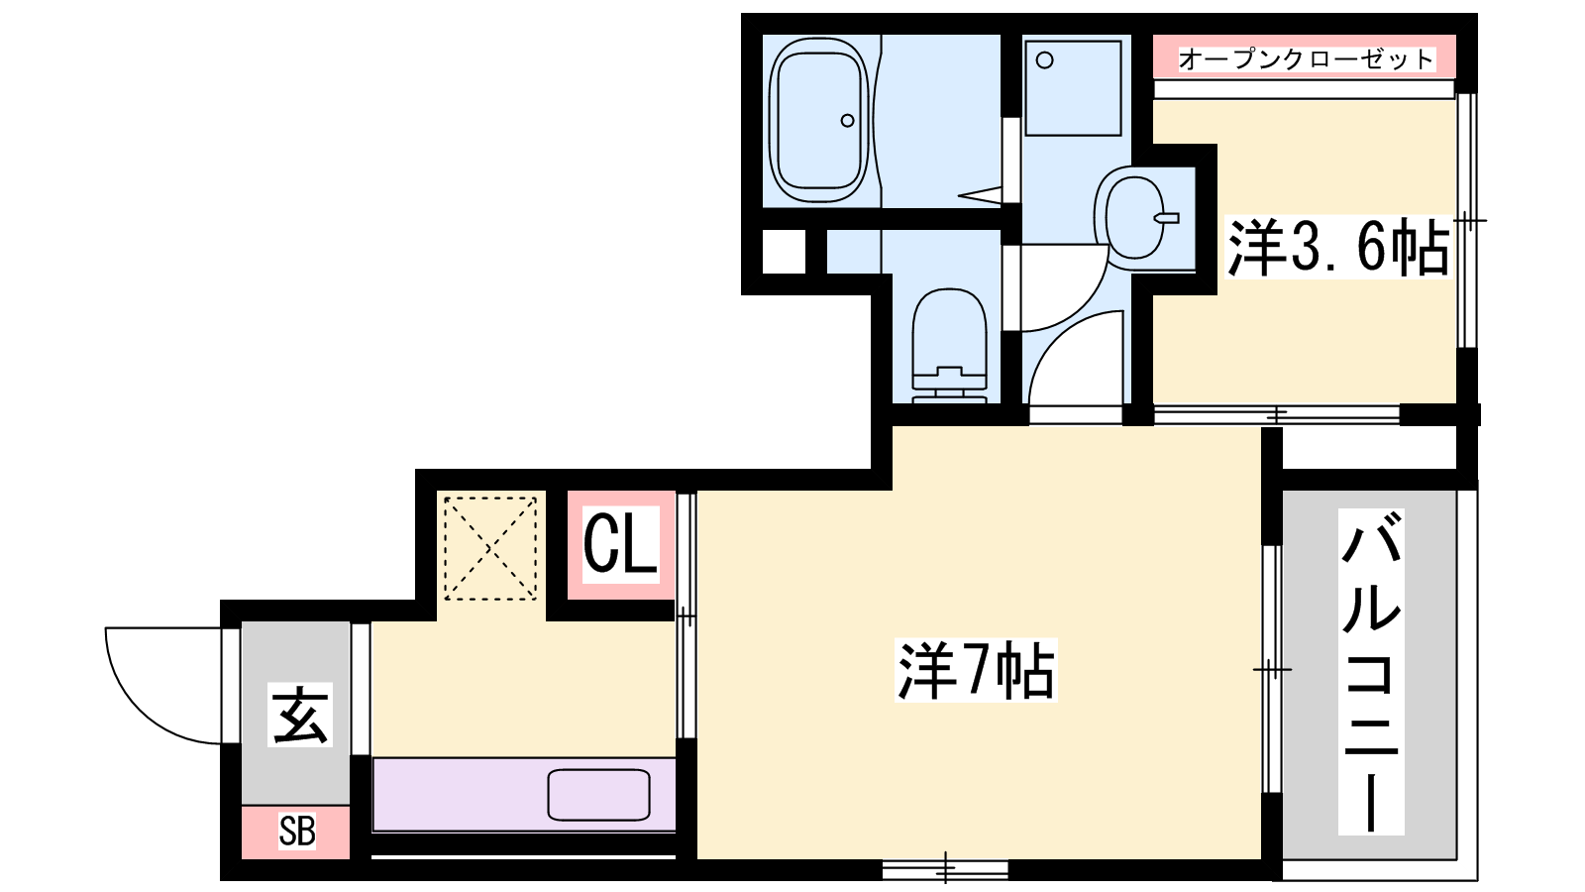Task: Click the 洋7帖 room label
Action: click(x=976, y=670)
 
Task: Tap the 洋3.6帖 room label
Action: click(x=1338, y=247)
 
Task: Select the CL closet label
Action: click(x=620, y=544)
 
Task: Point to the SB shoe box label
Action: click(x=296, y=832)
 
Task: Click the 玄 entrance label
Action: click(x=300, y=715)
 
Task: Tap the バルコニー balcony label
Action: click(x=1371, y=671)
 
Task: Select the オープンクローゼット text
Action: click(x=1306, y=58)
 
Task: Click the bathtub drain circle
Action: click(x=847, y=120)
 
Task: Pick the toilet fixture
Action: click(x=950, y=346)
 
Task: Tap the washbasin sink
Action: click(x=1133, y=217)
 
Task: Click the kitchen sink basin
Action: click(x=598, y=794)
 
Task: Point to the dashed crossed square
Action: click(x=490, y=549)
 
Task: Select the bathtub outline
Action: click(x=820, y=120)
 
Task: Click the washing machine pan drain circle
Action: click(x=1044, y=60)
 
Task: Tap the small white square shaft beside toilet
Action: click(x=784, y=252)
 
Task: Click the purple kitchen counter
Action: click(x=524, y=794)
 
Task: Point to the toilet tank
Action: click(x=950, y=387)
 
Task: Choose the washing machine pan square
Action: click(x=1074, y=88)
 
